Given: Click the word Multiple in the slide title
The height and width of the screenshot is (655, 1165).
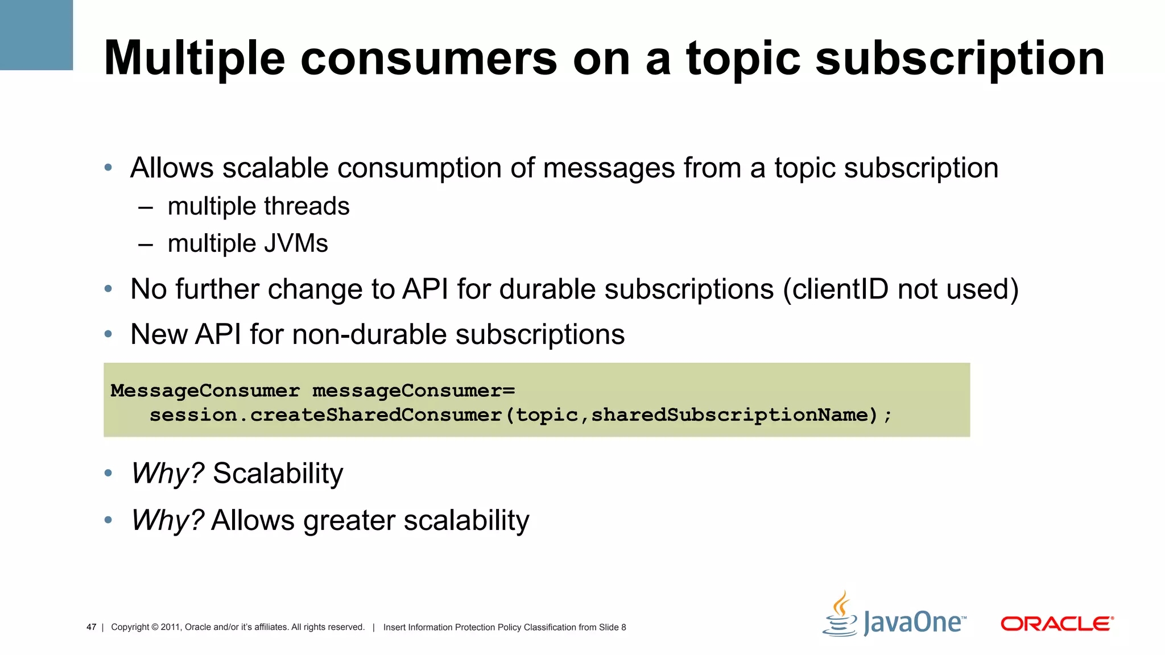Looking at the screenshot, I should (194, 59).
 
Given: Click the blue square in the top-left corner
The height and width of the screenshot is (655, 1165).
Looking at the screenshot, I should (36, 35).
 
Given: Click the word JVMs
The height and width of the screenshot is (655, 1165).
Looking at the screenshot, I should (295, 244).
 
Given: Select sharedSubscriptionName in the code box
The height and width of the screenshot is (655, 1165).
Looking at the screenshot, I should (730, 415).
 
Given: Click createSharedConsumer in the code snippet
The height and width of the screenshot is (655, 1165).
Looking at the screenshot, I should (375, 415).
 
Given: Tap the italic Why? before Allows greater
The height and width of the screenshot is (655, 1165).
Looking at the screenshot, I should (167, 520).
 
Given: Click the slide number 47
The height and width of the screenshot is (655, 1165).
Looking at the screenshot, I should (91, 627).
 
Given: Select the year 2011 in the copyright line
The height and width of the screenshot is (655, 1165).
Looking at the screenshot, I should (170, 627).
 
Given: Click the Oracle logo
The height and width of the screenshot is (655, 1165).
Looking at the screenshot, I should (1057, 624).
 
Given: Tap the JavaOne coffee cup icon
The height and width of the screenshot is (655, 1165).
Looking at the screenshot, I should (840, 615).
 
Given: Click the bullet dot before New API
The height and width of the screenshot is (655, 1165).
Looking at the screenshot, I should (108, 334).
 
